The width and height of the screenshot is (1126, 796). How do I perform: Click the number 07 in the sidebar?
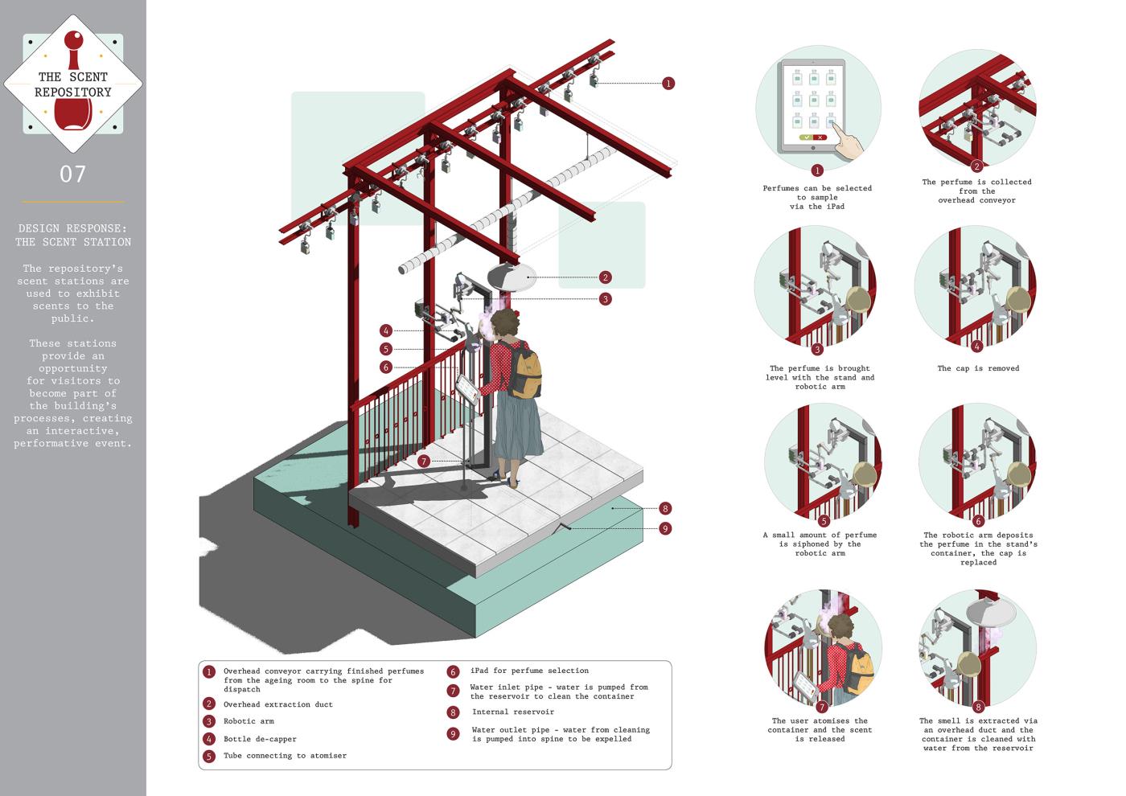(x=72, y=174)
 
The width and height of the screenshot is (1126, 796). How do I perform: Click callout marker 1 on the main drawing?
(x=668, y=84)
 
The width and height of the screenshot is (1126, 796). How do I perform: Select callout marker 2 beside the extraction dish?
(x=605, y=277)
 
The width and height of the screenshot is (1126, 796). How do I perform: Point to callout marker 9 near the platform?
(x=664, y=529)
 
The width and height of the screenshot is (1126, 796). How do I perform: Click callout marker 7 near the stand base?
(x=424, y=462)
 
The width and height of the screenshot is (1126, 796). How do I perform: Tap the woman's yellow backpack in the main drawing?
(x=525, y=372)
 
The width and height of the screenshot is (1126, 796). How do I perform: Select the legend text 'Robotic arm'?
(x=249, y=721)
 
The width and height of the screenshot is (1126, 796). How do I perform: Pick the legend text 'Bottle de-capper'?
(x=260, y=739)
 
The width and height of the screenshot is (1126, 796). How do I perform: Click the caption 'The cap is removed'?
(x=978, y=368)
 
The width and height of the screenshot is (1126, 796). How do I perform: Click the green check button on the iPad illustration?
(x=805, y=137)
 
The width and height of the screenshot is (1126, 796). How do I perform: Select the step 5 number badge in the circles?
(x=824, y=521)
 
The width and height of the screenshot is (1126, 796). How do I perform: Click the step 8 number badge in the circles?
(x=978, y=708)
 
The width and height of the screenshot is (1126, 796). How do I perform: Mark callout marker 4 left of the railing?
(x=386, y=330)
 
